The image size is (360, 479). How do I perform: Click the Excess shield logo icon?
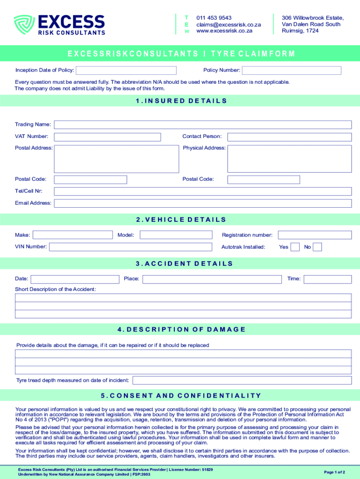[x=24, y=25]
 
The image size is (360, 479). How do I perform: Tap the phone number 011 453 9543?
[x=214, y=18]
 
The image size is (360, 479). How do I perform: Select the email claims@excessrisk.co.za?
[x=228, y=24]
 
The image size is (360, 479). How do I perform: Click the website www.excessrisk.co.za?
[x=224, y=31]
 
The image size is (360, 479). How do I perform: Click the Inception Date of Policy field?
[x=126, y=71]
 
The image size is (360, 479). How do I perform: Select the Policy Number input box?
[x=291, y=71]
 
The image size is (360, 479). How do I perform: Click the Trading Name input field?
[x=202, y=125]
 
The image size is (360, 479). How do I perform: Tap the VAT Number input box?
[x=107, y=137]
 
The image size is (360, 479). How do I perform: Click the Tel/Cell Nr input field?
[x=202, y=191]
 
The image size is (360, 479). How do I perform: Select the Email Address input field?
[x=202, y=203]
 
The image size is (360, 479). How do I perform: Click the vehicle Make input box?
[x=72, y=235]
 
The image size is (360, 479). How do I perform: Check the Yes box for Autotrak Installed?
[x=295, y=247]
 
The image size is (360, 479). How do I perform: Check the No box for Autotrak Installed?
[x=317, y=247]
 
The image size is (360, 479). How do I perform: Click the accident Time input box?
[x=328, y=279]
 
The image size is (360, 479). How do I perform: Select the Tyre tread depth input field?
[x=242, y=380]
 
